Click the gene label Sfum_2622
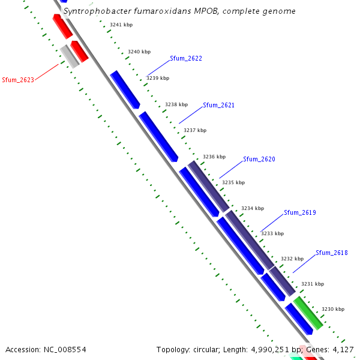point(185,59)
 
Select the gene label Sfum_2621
point(218,106)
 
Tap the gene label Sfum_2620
point(259,160)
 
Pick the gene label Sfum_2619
point(299,213)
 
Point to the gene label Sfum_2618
point(332,253)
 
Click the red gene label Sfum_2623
point(18,80)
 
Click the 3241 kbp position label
point(121,25)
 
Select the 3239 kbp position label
point(158,78)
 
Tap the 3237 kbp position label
point(194,130)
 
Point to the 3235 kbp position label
point(233,182)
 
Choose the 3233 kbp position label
point(272,233)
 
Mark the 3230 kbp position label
point(333,309)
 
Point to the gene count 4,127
point(343,349)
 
